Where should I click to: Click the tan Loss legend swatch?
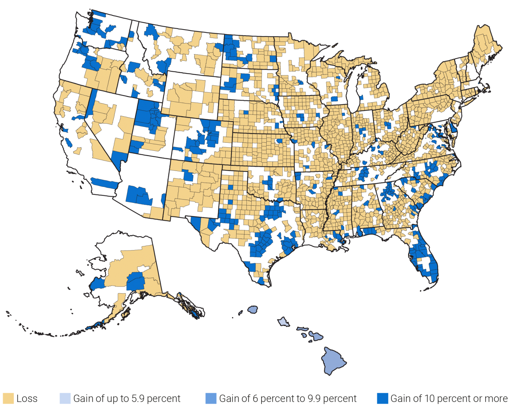click(x=8, y=398)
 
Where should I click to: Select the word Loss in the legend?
click(x=27, y=399)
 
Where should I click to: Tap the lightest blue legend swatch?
click(x=65, y=398)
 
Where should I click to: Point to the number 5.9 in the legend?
click(x=136, y=399)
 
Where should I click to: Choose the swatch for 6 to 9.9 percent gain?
click(x=211, y=398)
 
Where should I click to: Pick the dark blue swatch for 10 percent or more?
click(x=382, y=398)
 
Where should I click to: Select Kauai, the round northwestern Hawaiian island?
click(x=253, y=310)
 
